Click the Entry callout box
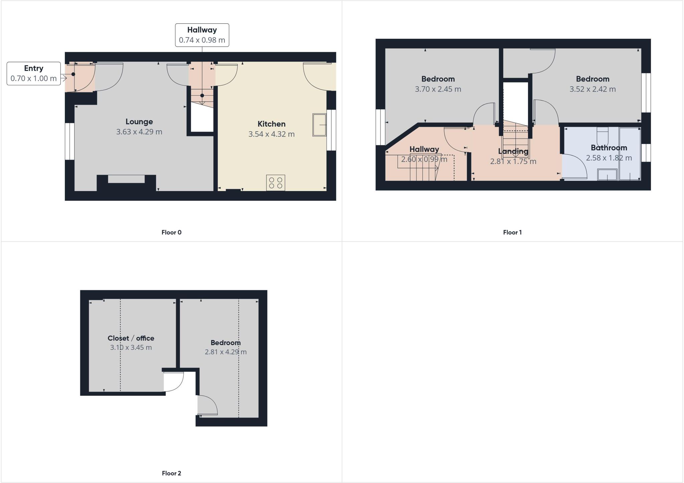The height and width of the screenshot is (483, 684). pos(33,73)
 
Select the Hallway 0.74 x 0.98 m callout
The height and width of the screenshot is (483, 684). pos(202,35)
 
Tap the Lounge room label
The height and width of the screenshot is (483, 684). pos(139,122)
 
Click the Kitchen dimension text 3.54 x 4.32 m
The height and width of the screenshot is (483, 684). pos(271,134)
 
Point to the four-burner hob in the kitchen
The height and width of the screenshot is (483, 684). pos(276,183)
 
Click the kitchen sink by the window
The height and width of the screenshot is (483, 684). pos(319,125)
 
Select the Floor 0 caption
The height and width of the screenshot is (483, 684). pos(171,232)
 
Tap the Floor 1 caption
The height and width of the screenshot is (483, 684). pos(512,232)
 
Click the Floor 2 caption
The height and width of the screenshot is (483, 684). pos(171,473)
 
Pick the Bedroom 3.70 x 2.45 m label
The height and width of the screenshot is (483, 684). pos(438,84)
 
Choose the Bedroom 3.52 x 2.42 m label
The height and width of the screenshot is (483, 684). pos(592,84)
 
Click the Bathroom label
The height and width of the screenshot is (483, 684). pos(609,148)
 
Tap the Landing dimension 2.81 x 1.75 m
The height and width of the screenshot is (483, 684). pos(513,162)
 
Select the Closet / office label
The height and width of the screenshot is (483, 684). pos(131,338)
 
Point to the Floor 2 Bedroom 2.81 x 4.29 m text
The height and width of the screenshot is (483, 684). pos(225,352)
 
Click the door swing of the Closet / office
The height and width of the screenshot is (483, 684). pos(174,382)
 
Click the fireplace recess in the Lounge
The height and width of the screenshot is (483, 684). pos(126,179)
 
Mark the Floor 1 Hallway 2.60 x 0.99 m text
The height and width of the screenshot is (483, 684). pos(424,159)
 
